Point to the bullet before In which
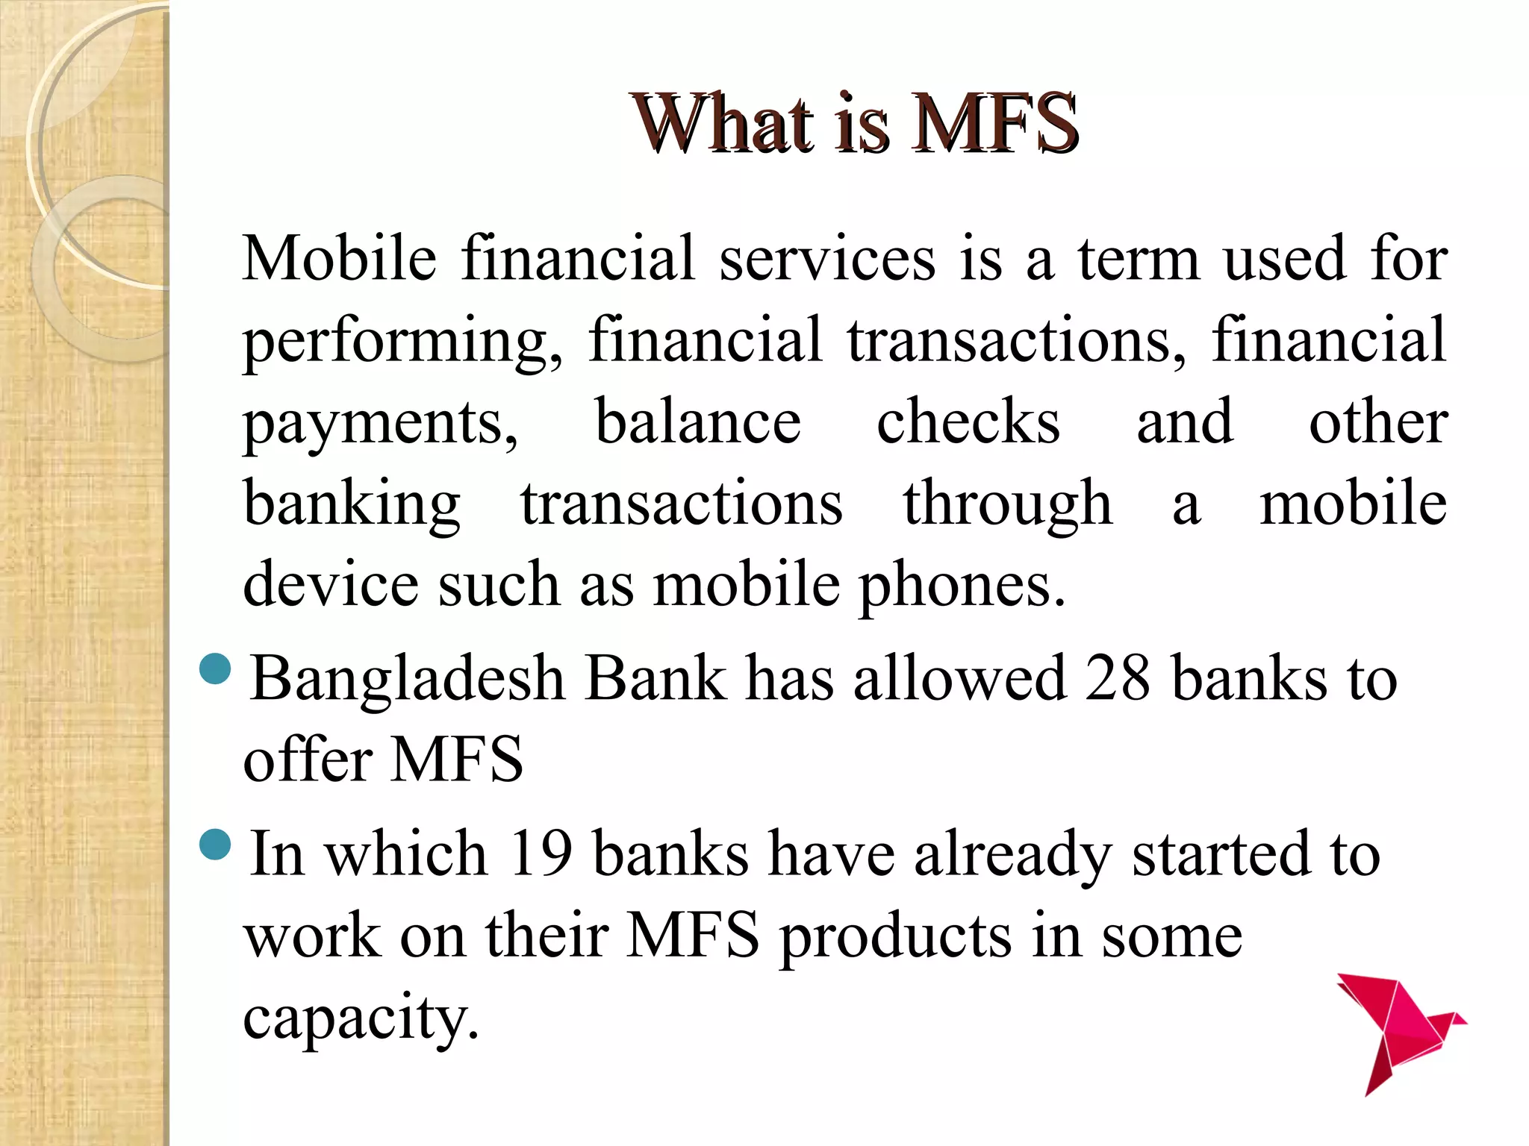point(217,844)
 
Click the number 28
point(1117,678)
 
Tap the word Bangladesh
point(407,680)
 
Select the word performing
point(402,342)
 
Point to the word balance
point(697,422)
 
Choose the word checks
point(968,422)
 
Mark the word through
point(1007,505)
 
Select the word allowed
point(959,678)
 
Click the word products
point(895,937)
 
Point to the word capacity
point(360,1019)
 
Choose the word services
point(827,259)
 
